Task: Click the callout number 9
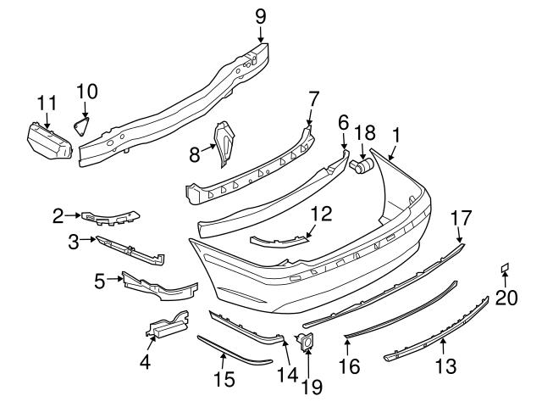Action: point(260,14)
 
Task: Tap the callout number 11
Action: point(47,103)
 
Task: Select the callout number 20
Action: point(506,297)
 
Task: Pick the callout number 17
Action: point(460,217)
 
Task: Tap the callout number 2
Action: point(58,216)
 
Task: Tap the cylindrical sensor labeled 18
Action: point(362,165)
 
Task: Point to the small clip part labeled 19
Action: point(305,342)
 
